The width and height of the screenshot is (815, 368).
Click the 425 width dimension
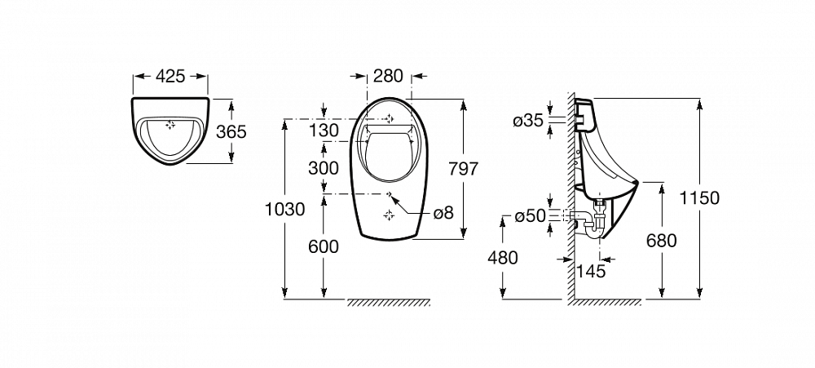170,76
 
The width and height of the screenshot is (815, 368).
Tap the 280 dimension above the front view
388,76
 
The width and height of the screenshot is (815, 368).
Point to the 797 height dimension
463,169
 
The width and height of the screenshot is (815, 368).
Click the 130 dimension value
324,129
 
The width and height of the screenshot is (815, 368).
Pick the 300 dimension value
324,168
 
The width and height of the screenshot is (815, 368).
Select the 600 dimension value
324,246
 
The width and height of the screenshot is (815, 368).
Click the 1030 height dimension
284,209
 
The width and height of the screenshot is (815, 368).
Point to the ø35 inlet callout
528,122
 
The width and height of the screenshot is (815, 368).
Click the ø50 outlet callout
531,216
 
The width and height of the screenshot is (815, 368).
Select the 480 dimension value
503,257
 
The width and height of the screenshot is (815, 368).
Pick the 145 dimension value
592,271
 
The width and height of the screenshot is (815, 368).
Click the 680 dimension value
661,241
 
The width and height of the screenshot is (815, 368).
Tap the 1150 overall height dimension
700,197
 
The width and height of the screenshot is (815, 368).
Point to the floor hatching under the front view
389,303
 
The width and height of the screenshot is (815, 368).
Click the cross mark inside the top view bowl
170,125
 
